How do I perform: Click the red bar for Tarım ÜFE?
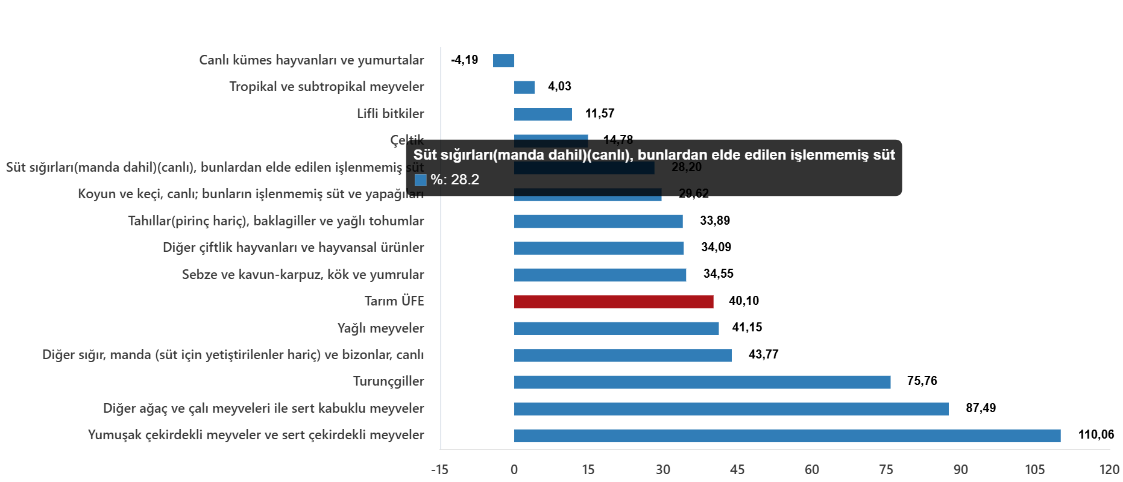tap(614, 302)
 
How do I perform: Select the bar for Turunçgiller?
tap(702, 382)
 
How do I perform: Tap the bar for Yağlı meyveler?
tap(616, 328)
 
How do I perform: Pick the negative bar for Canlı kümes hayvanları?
tap(503, 61)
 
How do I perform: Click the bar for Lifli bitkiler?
tap(543, 114)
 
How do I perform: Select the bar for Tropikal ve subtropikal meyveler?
tap(524, 87)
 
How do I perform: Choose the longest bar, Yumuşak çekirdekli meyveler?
tap(787, 436)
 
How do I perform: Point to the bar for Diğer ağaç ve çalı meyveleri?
tap(731, 409)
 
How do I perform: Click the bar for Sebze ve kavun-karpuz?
tap(600, 275)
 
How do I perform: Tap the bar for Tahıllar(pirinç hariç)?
tap(599, 222)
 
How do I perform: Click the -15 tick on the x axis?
tap(439, 470)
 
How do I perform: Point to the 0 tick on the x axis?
tap(513, 470)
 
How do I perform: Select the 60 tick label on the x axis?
tap(811, 470)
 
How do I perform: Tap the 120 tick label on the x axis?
tap(1109, 470)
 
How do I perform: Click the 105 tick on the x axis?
tap(1034, 470)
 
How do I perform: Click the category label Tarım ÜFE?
tap(394, 301)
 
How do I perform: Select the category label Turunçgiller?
tap(388, 381)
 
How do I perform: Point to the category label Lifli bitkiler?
tap(390, 114)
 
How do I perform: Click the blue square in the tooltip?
tap(420, 180)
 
